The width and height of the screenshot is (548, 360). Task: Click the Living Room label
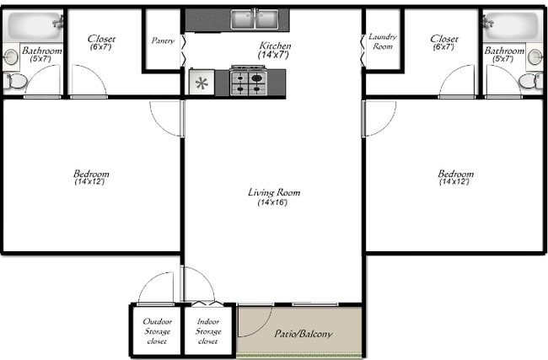pos(273,192)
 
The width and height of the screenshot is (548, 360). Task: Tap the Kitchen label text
pos(275,46)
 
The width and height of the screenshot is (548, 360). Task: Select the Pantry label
pos(163,40)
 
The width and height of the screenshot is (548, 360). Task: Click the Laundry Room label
pos(382,41)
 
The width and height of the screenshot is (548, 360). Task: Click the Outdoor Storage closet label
pos(157,330)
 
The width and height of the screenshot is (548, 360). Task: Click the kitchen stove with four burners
pos(249,83)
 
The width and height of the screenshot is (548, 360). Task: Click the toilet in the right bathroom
pos(531,81)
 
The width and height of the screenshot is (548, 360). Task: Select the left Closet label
pos(101,39)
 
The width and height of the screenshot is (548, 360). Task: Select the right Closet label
pos(443,39)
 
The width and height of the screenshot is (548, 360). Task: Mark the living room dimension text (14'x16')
pos(273,202)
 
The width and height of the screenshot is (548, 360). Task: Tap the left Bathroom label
pos(41,51)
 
